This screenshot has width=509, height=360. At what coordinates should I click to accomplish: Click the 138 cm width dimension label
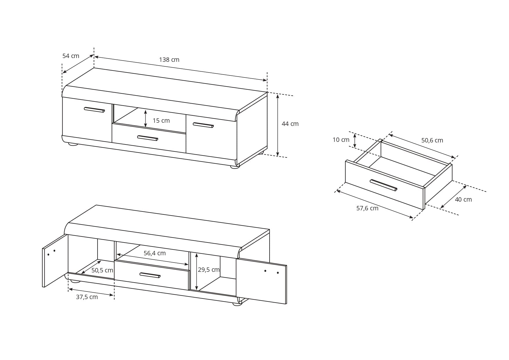(169, 60)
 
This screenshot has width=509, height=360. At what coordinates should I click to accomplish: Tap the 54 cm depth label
(71, 56)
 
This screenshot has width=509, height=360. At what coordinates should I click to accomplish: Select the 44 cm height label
(290, 124)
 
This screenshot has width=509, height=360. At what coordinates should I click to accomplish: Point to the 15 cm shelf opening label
(161, 121)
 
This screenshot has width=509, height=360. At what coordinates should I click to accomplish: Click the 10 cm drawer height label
(341, 140)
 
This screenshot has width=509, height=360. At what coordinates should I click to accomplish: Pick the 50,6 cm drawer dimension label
(432, 140)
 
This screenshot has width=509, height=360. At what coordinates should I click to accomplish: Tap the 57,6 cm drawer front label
(367, 208)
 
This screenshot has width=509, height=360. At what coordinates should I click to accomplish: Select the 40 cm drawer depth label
(463, 200)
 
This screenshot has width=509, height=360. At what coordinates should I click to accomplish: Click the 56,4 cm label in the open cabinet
(155, 253)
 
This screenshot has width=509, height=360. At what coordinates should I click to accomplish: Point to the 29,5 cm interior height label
(209, 270)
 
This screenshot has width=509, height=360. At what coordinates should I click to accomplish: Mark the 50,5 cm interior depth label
(102, 270)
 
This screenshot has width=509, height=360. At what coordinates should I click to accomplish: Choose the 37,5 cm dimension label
(87, 297)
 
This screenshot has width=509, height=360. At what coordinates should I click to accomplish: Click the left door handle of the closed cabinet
(94, 110)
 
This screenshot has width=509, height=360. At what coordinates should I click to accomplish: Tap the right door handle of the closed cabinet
(203, 125)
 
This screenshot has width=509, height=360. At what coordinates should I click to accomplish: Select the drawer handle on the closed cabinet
(147, 138)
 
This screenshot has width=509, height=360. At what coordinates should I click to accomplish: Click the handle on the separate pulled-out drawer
(383, 185)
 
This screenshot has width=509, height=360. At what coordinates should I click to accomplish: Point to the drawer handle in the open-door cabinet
(150, 275)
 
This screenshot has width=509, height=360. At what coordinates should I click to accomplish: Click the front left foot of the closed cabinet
(73, 144)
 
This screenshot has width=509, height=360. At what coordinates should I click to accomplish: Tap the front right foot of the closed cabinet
(235, 167)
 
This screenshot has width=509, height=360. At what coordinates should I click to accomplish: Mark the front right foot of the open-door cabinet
(237, 304)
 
